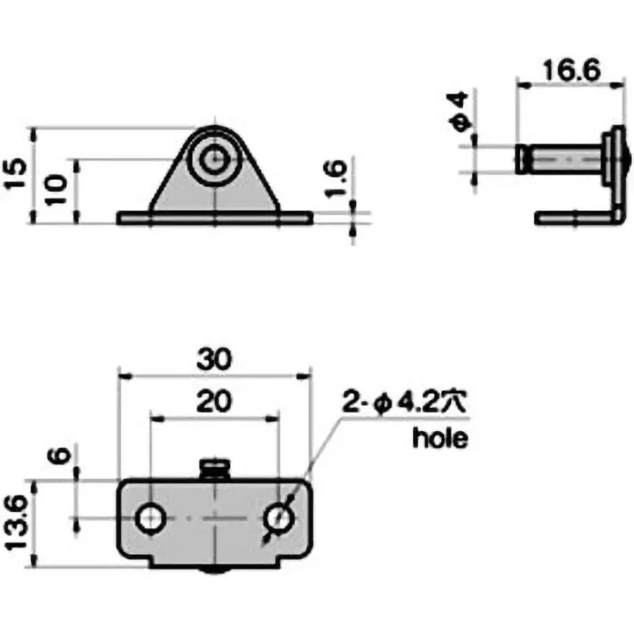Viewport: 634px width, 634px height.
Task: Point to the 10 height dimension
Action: click(53, 190)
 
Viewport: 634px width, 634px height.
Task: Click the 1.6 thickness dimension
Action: click(334, 174)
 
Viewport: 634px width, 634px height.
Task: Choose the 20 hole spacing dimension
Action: click(215, 402)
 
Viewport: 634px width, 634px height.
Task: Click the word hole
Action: click(440, 438)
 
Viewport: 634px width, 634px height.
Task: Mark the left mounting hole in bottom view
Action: click(149, 519)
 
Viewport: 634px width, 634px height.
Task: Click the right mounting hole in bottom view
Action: click(278, 519)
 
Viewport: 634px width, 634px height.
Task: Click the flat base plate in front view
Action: click(215, 217)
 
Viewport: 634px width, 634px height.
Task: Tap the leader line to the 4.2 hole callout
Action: click(317, 452)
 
